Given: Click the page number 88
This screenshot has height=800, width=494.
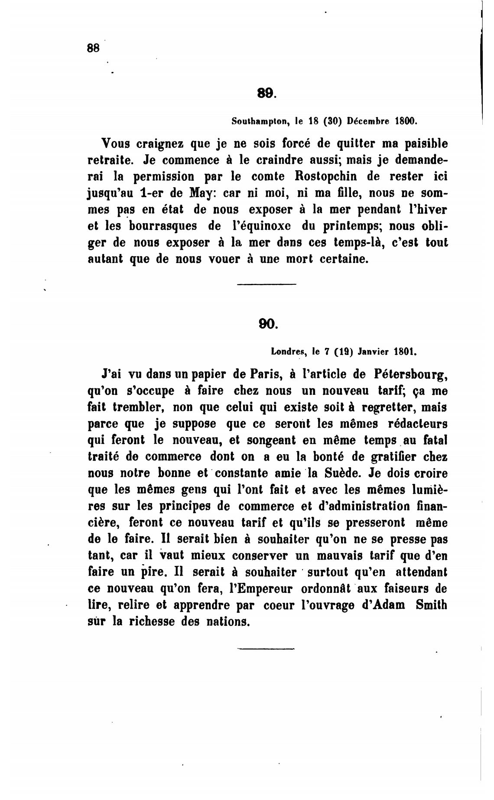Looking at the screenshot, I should [x=93, y=48].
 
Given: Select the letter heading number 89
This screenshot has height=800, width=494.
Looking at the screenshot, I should [x=266, y=93].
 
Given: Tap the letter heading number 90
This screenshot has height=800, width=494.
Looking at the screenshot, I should [x=266, y=324].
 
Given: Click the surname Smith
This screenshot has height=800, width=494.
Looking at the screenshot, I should [x=431, y=605].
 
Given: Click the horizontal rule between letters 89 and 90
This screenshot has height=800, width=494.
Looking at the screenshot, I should [x=266, y=284].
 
